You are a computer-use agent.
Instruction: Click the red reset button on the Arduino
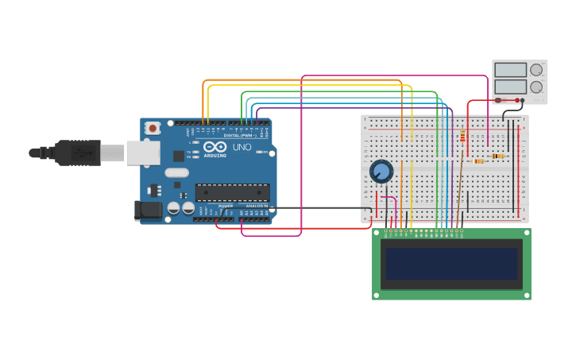152,127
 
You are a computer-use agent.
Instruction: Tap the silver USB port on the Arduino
142,153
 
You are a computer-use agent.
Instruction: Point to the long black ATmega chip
232,192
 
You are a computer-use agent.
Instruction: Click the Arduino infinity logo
215,147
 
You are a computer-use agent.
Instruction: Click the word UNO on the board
242,147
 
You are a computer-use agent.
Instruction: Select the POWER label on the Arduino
226,206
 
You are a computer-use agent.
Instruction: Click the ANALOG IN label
255,206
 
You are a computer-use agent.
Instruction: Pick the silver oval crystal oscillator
176,172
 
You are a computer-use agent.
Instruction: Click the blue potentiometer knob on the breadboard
381,171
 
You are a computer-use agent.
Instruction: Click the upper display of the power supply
510,71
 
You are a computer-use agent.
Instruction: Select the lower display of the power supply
510,86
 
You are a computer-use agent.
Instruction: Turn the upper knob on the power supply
536,70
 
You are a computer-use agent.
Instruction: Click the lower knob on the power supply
536,86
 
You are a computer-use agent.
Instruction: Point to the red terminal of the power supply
498,100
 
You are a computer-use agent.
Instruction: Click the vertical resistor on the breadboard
463,137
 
